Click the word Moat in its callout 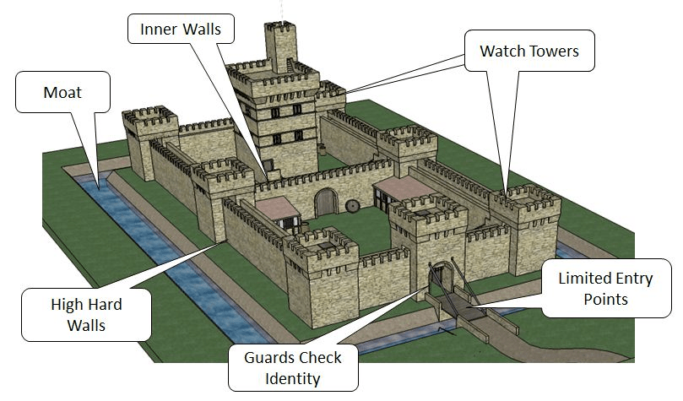(x=62, y=92)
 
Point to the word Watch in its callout (x=504, y=51)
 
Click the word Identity (x=292, y=378)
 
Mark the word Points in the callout (x=605, y=299)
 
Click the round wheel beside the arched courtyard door (x=352, y=205)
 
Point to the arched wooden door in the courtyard (x=325, y=203)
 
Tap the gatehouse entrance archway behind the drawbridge (x=438, y=279)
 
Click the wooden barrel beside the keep (x=323, y=150)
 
